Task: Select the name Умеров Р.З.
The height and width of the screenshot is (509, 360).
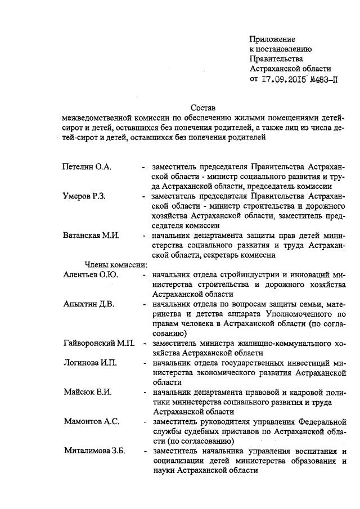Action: pos(84,196)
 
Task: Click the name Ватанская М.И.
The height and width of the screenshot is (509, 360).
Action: pos(91,235)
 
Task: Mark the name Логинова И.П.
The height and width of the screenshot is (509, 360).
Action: pos(89,362)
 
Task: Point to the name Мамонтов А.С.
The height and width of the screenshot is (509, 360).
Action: pos(90,421)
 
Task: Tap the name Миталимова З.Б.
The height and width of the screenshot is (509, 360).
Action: pos(94,450)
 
